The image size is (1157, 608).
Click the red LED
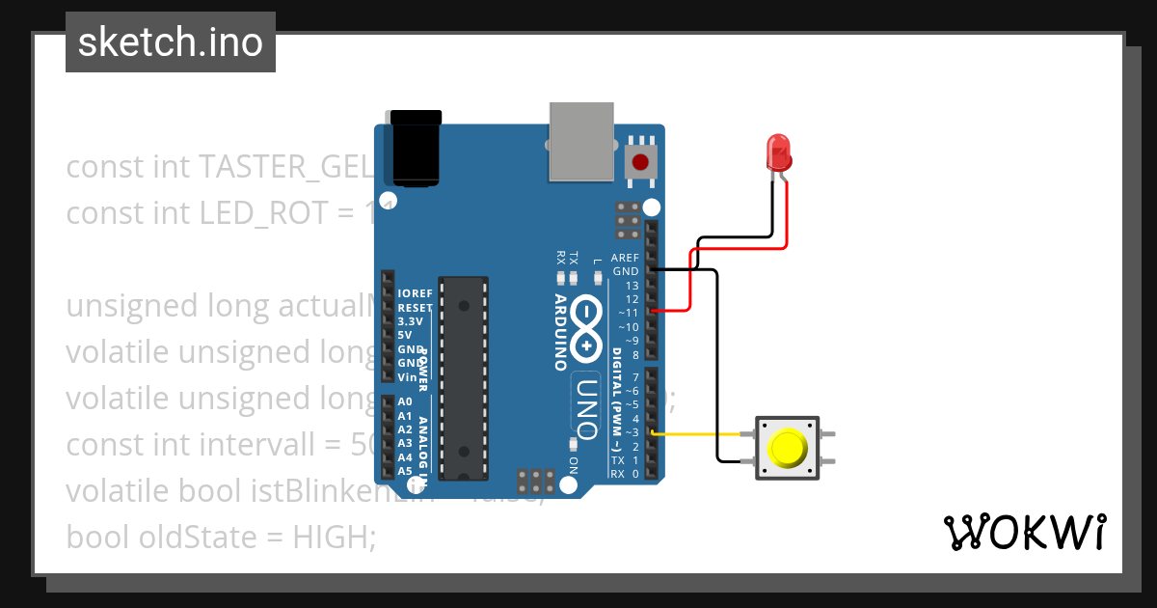coord(778,152)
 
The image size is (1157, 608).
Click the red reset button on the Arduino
coord(639,162)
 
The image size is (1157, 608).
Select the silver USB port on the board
coord(581,142)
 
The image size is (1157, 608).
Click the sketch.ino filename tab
coord(171,42)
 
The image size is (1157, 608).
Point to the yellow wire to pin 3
coord(700,434)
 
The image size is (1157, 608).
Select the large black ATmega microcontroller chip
coord(463,378)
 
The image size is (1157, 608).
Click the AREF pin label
coord(625,259)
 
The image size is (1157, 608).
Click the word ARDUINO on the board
coord(561,332)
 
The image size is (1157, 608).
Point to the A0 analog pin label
coord(405,401)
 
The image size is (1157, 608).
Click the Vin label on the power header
coord(407,377)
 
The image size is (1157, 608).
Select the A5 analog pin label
coord(405,471)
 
